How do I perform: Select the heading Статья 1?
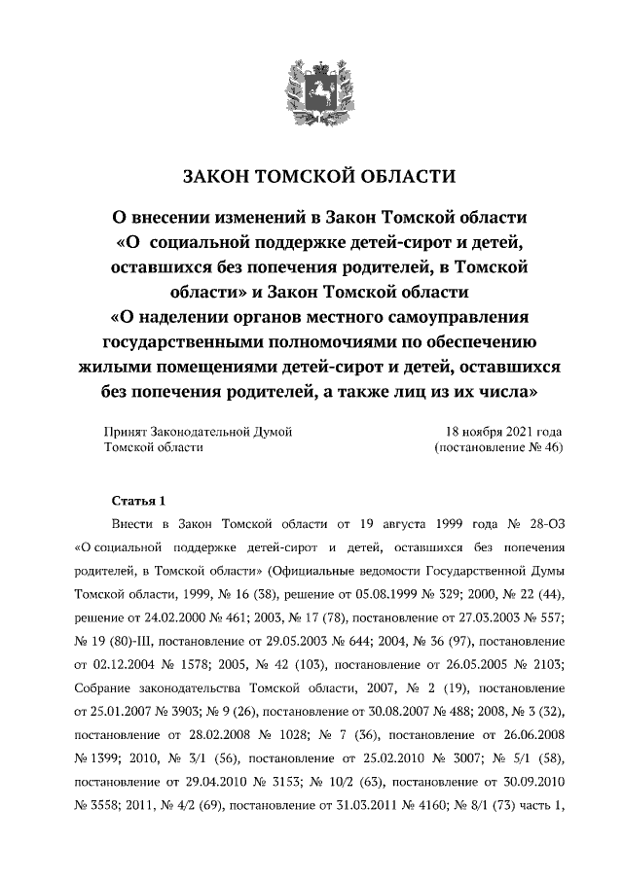coord(139,501)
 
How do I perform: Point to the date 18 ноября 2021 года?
coord(503,431)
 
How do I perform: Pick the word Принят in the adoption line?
coord(126,431)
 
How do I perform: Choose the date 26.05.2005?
coord(462,663)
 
